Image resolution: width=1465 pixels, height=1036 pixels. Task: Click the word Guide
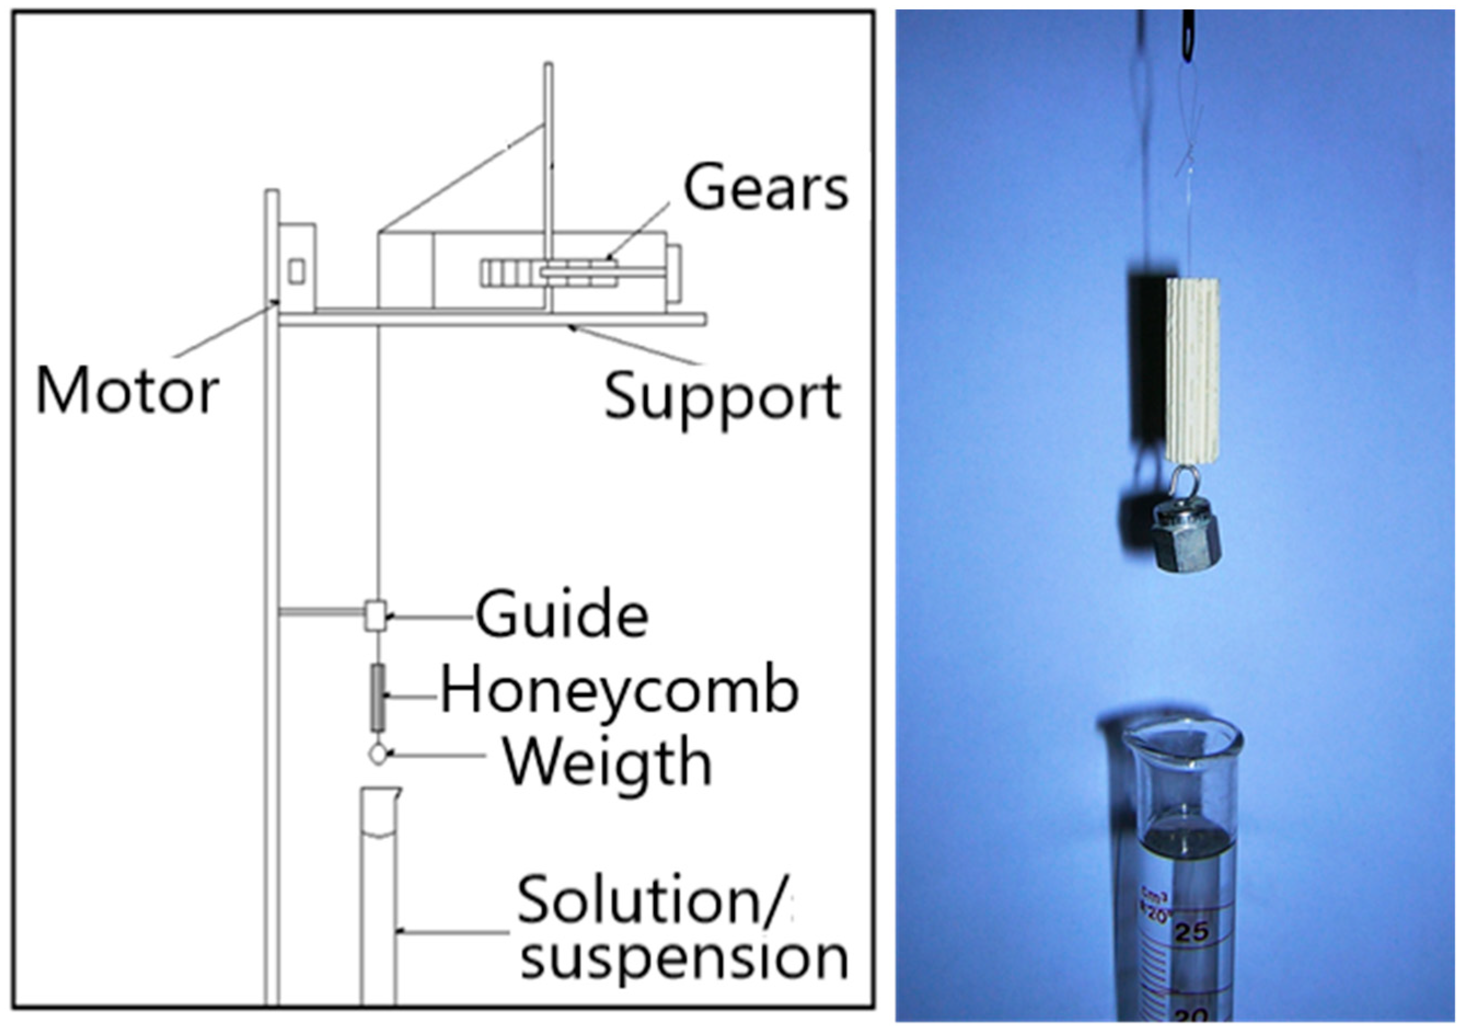(562, 615)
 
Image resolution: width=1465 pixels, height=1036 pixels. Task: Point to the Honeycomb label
(619, 692)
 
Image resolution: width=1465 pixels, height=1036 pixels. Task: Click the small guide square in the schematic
(375, 616)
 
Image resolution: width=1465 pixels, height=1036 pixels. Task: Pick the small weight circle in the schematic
(378, 755)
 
